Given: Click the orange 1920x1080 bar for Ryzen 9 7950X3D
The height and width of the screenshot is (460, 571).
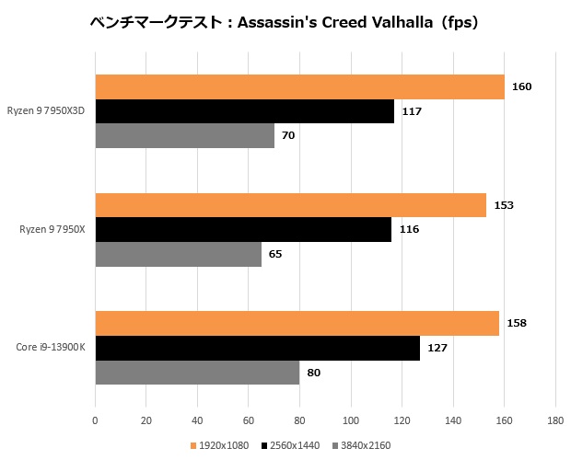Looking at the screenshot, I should coord(299,87).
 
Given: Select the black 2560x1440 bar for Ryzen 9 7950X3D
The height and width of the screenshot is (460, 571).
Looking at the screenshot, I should coord(244,111).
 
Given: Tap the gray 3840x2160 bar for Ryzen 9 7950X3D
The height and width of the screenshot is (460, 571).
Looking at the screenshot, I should coord(184,135).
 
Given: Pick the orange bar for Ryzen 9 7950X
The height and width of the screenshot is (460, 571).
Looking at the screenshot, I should coord(290,205).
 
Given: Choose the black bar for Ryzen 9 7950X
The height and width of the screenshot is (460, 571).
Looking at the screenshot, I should coord(243,229).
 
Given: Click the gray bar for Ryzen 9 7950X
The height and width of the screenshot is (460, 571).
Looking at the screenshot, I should coord(178,253).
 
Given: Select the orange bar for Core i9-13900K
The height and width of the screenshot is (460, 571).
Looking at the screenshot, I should coord(297,324).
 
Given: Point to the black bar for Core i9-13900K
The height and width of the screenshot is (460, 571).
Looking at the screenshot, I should coord(257,348).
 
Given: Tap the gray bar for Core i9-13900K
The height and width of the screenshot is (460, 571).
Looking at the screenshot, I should coord(197,372).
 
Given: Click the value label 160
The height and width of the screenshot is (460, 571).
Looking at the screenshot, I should coord(522,87).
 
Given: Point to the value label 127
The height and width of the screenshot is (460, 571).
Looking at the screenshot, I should coord(437,348).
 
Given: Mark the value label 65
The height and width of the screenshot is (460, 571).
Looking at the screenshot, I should coord(275,253).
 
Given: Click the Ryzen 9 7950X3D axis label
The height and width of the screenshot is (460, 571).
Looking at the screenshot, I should coord(46,111).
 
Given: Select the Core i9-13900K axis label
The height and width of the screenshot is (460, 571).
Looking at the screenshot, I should coord(51,348).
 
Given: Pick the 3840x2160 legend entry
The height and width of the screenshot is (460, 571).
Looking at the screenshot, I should coord(362,446).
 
